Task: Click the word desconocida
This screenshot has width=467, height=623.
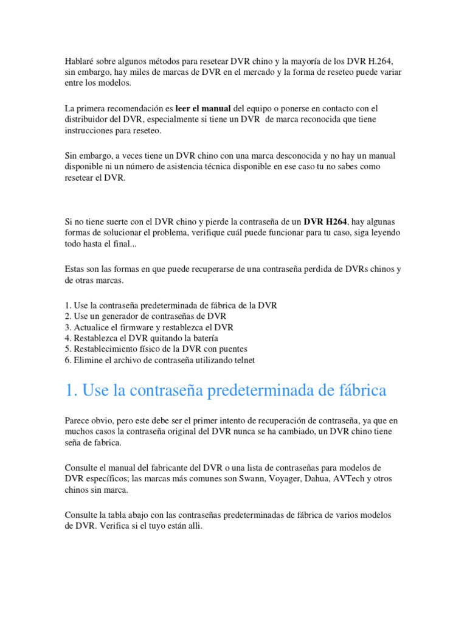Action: (268, 155)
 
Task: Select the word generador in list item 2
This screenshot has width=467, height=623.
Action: (124, 316)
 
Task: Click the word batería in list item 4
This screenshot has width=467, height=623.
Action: (204, 338)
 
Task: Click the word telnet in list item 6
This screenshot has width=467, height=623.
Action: (243, 360)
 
